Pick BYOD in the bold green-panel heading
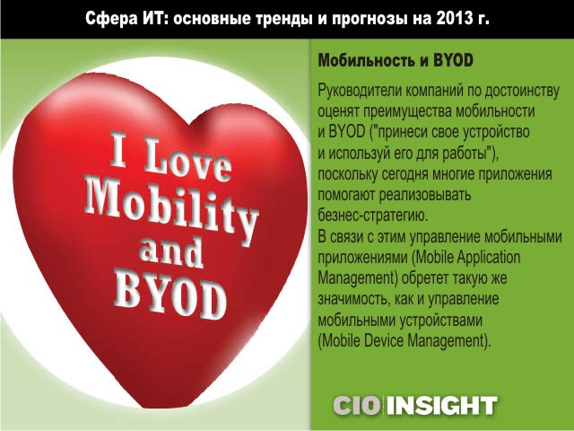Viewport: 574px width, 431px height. [453, 60]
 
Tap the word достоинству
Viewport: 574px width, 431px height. [522, 91]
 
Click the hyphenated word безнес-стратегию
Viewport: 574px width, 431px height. [372, 215]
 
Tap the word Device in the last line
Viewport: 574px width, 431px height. [383, 340]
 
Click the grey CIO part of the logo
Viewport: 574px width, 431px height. [357, 406]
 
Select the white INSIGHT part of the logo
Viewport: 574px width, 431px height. [442, 406]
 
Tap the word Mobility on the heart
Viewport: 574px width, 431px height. [171, 209]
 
